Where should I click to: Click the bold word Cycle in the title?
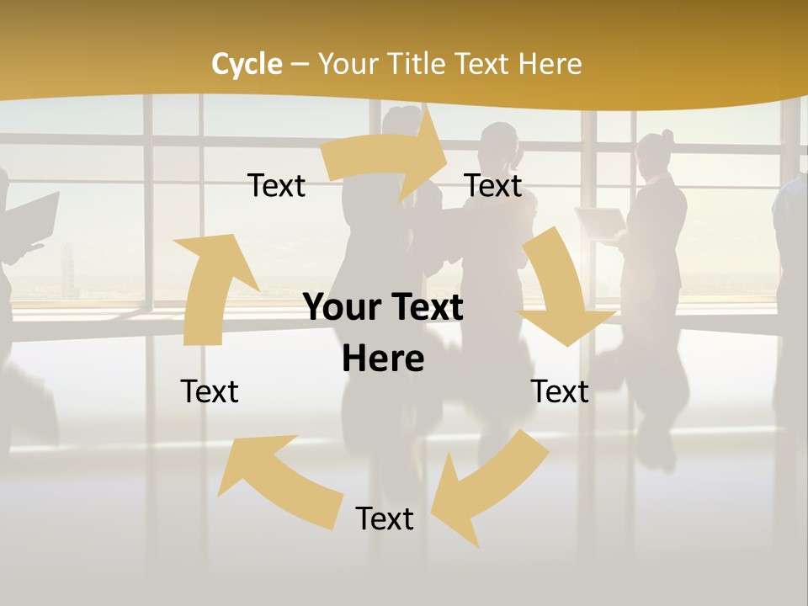pyautogui.click(x=247, y=64)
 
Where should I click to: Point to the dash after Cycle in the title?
pyautogui.click(x=299, y=64)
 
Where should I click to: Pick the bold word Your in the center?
pyautogui.click(x=343, y=308)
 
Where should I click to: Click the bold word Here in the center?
pyautogui.click(x=383, y=359)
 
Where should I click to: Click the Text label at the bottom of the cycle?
pyautogui.click(x=385, y=518)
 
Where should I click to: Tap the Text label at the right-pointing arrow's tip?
pyautogui.click(x=493, y=185)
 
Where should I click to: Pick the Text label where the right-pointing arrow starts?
pyautogui.click(x=277, y=185)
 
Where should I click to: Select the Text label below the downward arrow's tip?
pyautogui.click(x=560, y=391)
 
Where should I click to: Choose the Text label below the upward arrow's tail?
pyautogui.click(x=210, y=391)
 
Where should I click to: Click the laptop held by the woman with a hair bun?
pyautogui.click(x=599, y=221)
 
